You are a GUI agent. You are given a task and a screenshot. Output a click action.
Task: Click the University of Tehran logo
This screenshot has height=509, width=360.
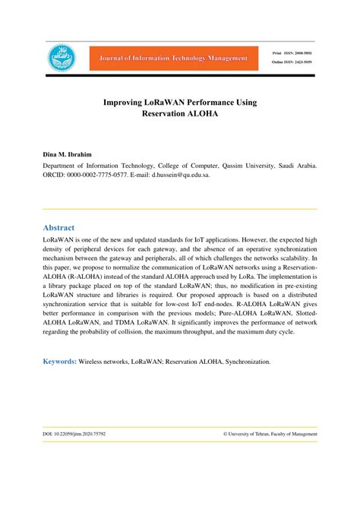[x=62, y=58]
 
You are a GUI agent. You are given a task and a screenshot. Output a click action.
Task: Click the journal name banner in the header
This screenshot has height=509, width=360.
[x=172, y=58]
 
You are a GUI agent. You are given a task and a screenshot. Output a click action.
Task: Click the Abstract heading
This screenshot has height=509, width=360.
[x=58, y=227]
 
